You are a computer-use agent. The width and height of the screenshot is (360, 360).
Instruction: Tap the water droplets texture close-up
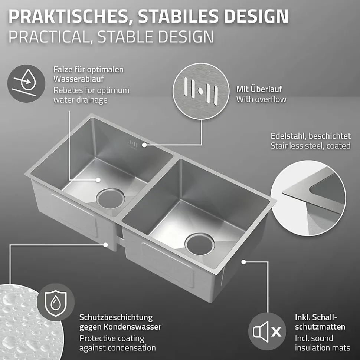22,323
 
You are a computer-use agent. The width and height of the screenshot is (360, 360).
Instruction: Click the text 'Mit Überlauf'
259,89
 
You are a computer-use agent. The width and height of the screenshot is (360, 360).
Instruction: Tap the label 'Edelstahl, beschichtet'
310,136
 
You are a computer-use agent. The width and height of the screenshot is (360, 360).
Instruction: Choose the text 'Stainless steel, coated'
310,146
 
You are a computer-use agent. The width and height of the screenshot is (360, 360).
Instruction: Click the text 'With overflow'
261,99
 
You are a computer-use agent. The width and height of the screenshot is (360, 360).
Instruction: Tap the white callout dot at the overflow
146,145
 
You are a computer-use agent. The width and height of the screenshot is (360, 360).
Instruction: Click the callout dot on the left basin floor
98,180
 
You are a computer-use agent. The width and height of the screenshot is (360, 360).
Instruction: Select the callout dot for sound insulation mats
243,261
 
